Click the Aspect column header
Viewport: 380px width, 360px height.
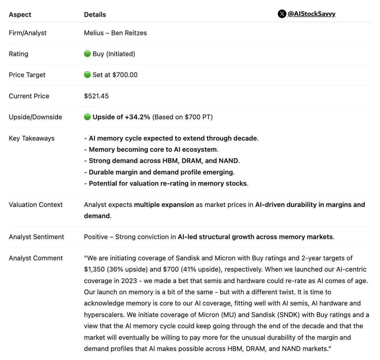(x=20, y=15)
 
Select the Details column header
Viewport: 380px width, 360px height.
(x=95, y=15)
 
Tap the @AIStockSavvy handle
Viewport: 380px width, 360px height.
(x=311, y=14)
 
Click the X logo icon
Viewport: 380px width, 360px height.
(x=282, y=14)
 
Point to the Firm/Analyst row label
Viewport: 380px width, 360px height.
(x=28, y=33)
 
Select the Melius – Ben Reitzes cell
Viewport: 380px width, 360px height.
(x=115, y=33)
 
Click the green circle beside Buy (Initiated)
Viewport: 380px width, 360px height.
(x=87, y=54)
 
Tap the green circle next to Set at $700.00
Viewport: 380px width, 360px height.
(x=87, y=75)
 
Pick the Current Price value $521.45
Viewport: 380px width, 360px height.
(x=96, y=96)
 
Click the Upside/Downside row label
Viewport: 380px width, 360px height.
(x=35, y=117)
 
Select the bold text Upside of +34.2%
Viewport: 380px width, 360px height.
(x=121, y=117)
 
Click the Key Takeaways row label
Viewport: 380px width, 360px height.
(x=32, y=138)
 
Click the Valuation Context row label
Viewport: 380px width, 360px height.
(x=36, y=205)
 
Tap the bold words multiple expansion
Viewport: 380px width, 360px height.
(x=164, y=205)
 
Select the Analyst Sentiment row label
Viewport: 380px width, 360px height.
(x=36, y=237)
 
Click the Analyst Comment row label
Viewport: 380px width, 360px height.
(x=36, y=258)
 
